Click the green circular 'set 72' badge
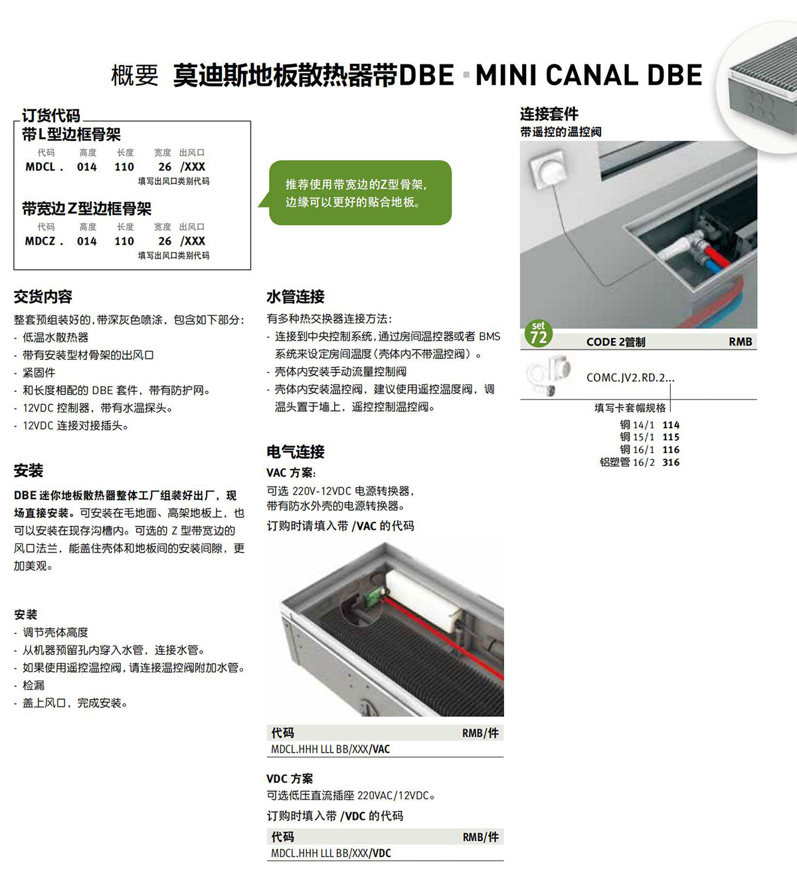point(538,333)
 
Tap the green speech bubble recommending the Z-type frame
point(359,193)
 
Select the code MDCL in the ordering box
point(40,167)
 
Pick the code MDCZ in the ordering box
point(40,241)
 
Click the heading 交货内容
point(43,297)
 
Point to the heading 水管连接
point(296,297)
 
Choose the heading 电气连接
point(296,451)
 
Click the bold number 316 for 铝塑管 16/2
point(671,462)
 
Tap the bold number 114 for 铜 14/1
point(671,425)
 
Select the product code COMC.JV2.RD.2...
point(630,377)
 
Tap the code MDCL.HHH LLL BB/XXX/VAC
point(331,749)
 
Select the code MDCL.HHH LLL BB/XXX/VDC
point(331,853)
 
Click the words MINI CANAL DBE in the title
point(588,75)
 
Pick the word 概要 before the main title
point(135,75)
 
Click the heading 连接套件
point(549,114)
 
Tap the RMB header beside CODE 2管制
point(741,342)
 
